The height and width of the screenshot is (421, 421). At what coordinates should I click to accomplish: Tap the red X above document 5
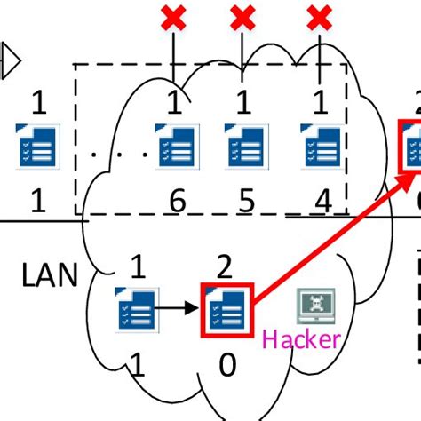(x=243, y=17)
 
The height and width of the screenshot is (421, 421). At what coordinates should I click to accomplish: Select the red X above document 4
(x=321, y=17)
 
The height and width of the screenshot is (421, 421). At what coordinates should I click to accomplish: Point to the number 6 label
(x=176, y=203)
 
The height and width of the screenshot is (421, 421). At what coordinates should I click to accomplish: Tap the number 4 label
(x=322, y=203)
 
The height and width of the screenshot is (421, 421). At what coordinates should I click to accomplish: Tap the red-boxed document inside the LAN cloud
(x=228, y=309)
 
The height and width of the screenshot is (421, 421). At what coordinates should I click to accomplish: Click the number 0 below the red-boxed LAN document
(x=228, y=364)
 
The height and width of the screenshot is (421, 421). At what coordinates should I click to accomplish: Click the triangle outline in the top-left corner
(x=10, y=61)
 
